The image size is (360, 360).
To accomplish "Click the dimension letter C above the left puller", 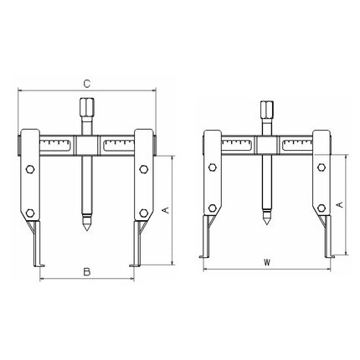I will tap(87, 83).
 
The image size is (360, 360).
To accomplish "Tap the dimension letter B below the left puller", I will tap(86, 272).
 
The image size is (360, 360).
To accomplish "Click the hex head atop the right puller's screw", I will tap(266, 112).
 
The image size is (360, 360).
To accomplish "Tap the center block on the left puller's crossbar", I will tap(87, 146).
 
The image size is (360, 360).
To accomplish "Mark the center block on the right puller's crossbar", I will tap(266, 146).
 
